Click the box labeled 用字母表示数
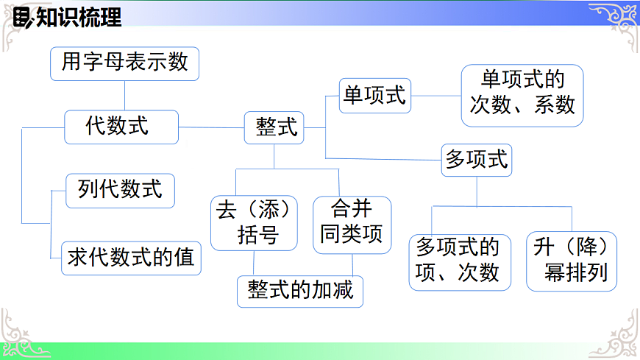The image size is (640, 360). coord(124,63)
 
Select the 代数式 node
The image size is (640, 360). coord(121,127)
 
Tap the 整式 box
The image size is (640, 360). coord(276,128)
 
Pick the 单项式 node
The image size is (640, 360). coord(375,96)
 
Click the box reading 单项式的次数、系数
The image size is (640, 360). coord(522,95)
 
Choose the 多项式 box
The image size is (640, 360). coord(477,159)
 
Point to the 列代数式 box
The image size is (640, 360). coord(120,191)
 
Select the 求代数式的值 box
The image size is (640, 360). coord(131,258)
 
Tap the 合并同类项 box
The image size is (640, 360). coord(352,224)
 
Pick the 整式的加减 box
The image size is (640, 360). coord(301,290)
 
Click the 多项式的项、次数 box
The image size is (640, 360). coord(459,260)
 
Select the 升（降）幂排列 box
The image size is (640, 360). coord(572,260)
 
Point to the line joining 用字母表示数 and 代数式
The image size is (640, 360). coord(124,96)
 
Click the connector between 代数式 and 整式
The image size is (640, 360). coord(211,127)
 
